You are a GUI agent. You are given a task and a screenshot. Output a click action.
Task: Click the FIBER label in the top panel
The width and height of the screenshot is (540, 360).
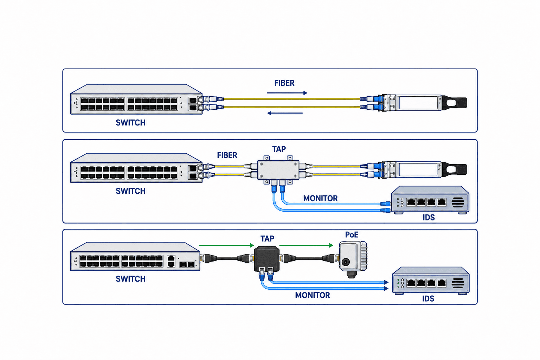(284, 83)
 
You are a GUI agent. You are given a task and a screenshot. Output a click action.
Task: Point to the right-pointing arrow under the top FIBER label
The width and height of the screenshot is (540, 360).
(287, 93)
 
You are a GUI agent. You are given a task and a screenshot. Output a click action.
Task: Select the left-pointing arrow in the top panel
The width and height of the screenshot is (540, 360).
(285, 113)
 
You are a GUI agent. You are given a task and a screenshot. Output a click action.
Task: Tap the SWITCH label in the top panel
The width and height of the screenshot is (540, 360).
(131, 123)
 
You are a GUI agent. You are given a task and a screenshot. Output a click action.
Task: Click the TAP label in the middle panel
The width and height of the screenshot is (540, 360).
(279, 149)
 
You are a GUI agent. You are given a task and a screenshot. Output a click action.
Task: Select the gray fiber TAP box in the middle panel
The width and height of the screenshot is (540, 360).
(278, 170)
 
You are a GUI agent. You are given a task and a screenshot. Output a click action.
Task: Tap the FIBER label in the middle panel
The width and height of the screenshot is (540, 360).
(227, 155)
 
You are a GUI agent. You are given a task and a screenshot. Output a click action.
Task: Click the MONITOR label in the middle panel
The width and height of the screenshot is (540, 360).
(320, 198)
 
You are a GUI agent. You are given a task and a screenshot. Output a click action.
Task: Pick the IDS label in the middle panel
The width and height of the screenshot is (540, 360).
(429, 218)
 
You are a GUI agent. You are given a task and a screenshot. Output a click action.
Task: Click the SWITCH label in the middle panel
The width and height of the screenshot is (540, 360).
(131, 191)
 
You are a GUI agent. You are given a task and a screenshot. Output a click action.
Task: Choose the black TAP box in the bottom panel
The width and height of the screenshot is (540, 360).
(266, 259)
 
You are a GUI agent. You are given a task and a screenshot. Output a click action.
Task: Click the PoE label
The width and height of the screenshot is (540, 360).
(352, 234)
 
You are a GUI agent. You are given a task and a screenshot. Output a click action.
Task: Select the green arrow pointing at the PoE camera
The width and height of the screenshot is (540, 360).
(306, 245)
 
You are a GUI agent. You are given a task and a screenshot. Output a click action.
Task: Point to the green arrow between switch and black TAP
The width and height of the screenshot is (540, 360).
(227, 245)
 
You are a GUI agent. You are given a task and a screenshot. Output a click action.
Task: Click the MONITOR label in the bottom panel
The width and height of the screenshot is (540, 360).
(313, 295)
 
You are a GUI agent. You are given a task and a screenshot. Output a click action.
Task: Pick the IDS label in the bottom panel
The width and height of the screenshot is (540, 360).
(428, 299)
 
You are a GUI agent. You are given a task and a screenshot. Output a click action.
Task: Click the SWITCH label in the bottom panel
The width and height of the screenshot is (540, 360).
(131, 279)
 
